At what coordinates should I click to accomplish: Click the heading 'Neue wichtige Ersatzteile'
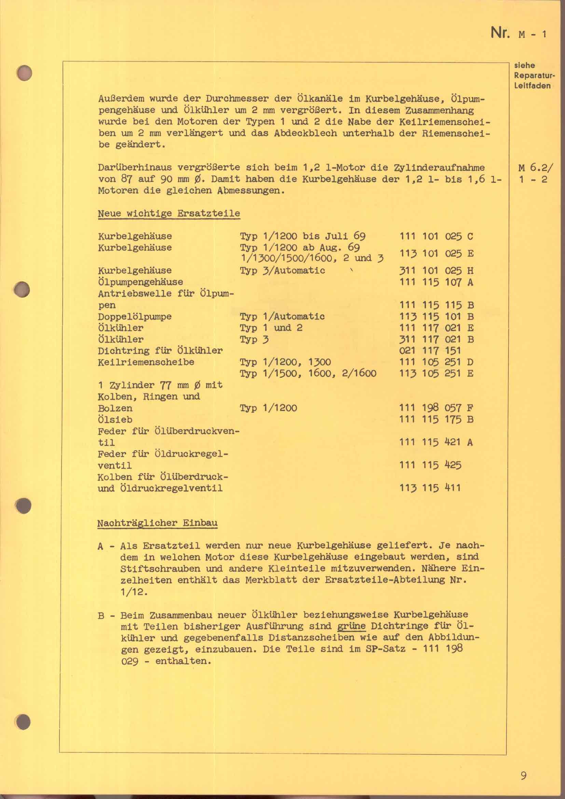point(169,213)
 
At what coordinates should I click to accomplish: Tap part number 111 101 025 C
point(436,237)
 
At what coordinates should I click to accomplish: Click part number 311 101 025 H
point(436,271)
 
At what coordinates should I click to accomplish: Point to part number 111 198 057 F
point(436,408)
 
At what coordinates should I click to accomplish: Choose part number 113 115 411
point(430,488)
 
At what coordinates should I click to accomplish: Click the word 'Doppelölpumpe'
point(135,317)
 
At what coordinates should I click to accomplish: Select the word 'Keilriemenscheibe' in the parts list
point(146,362)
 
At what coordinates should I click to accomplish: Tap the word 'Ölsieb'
point(115,420)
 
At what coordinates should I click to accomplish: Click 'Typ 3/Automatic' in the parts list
point(282,271)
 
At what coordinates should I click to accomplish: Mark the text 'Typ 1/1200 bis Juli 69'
point(302,237)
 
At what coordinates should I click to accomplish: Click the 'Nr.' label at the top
point(500,33)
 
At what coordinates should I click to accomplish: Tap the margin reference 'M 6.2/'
point(532,168)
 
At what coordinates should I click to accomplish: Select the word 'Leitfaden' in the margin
point(532,86)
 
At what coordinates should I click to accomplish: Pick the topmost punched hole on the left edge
point(24,74)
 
